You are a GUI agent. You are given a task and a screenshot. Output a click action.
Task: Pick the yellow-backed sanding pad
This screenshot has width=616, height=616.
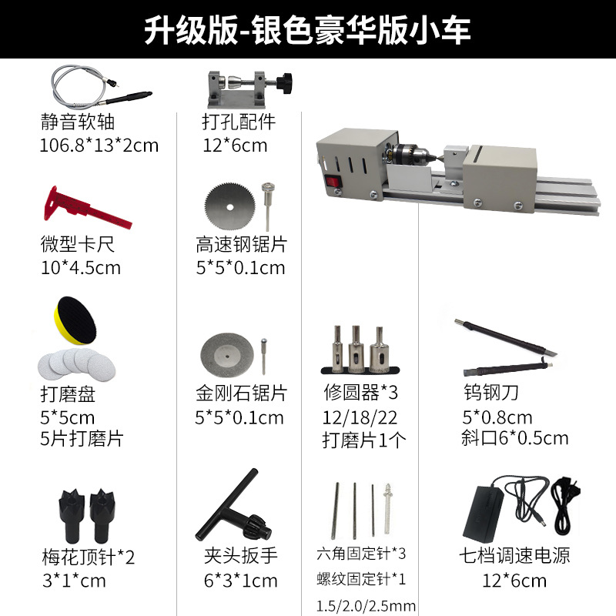[x=74, y=319]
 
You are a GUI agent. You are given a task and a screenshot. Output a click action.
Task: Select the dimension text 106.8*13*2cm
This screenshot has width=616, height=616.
[x=99, y=145]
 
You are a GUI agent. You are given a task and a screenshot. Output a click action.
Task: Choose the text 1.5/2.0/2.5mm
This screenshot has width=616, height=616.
[x=367, y=604]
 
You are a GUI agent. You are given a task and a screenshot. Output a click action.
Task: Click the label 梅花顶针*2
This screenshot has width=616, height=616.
[x=87, y=556]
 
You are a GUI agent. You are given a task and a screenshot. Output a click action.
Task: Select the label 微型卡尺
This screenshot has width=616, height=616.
[x=78, y=245]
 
